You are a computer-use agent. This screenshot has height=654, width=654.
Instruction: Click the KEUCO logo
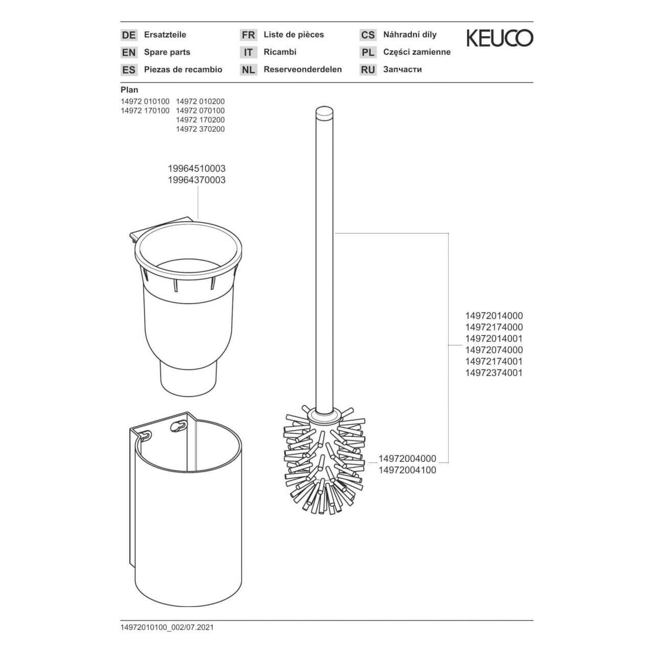(500, 38)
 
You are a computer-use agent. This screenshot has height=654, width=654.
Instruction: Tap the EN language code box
(129, 53)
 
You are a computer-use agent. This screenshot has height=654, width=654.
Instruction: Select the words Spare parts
(167, 52)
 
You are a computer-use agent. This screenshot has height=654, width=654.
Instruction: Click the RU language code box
(368, 70)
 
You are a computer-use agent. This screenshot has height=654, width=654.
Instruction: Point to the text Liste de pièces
(294, 35)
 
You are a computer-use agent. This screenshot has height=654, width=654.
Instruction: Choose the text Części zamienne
(417, 52)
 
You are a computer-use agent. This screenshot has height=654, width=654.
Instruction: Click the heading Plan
(129, 90)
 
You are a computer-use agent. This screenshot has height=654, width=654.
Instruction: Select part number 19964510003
(197, 169)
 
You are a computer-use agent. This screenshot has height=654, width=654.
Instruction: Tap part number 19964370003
(197, 180)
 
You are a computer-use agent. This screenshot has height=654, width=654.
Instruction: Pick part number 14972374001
(494, 373)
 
